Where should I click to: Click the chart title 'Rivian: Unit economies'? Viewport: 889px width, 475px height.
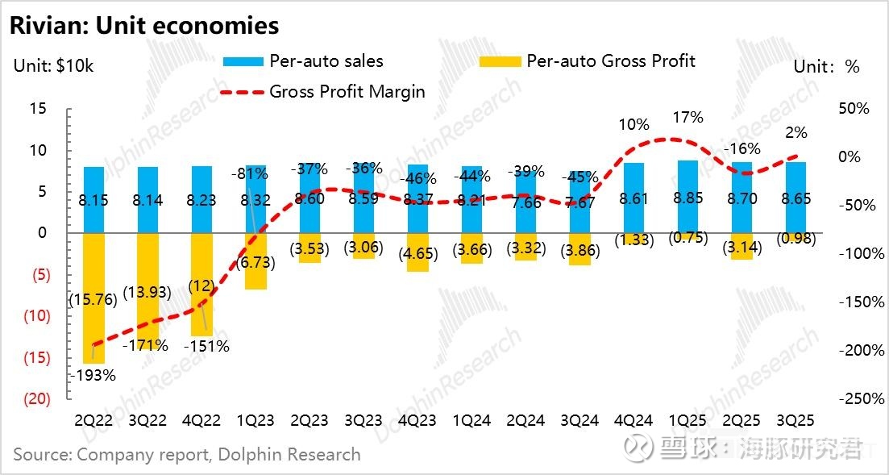(x=144, y=26)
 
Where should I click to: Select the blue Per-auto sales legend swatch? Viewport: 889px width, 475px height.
(x=242, y=61)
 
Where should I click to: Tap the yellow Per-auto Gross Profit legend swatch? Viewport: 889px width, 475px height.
(x=500, y=61)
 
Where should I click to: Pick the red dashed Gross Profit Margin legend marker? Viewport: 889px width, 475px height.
(x=242, y=91)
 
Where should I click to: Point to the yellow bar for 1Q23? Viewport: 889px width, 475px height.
(x=255, y=260)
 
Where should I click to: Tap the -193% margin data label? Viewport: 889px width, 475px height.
(x=92, y=375)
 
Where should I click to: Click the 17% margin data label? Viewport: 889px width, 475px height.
(x=687, y=118)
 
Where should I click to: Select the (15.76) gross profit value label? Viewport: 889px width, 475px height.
(x=93, y=299)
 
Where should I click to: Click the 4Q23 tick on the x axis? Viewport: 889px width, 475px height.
(x=417, y=421)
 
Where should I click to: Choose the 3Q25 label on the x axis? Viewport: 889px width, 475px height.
(x=795, y=421)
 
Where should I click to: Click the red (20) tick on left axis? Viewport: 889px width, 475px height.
(x=39, y=399)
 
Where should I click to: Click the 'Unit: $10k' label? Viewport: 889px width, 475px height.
(x=54, y=66)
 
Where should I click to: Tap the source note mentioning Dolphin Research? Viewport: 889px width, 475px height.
(x=187, y=455)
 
